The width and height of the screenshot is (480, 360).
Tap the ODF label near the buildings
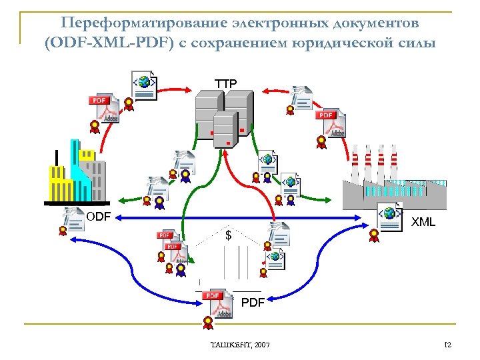(x=98, y=217)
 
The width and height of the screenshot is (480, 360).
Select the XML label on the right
(x=423, y=222)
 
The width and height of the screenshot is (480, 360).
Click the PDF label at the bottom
(x=253, y=303)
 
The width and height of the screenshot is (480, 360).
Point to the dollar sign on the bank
(x=229, y=236)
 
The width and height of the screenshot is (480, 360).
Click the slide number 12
(x=448, y=344)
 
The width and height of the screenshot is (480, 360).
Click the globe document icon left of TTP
(x=144, y=85)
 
